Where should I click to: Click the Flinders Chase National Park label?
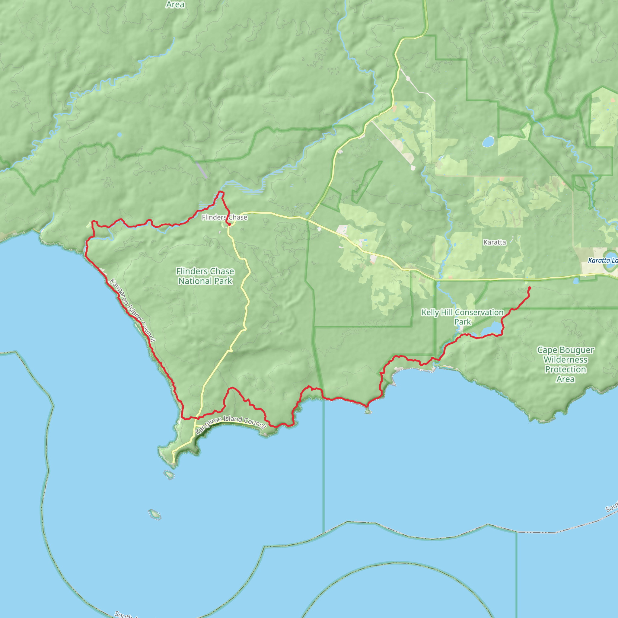tap(205, 276)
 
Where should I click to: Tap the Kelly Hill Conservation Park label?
tap(462, 317)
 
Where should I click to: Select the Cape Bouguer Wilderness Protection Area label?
tap(565, 364)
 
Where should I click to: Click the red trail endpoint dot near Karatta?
tap(529, 288)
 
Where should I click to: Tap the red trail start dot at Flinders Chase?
tap(229, 224)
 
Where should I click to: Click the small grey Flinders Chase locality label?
tap(225, 218)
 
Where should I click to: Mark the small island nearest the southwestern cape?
tap(169, 475)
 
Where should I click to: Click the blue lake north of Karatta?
tap(488, 142)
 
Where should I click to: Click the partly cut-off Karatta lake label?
tap(603, 261)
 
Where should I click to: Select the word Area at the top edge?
tap(175, 5)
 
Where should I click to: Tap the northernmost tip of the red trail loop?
tap(220, 192)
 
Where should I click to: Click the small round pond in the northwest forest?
tap(119, 135)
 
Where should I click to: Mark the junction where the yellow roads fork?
tap(307, 220)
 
